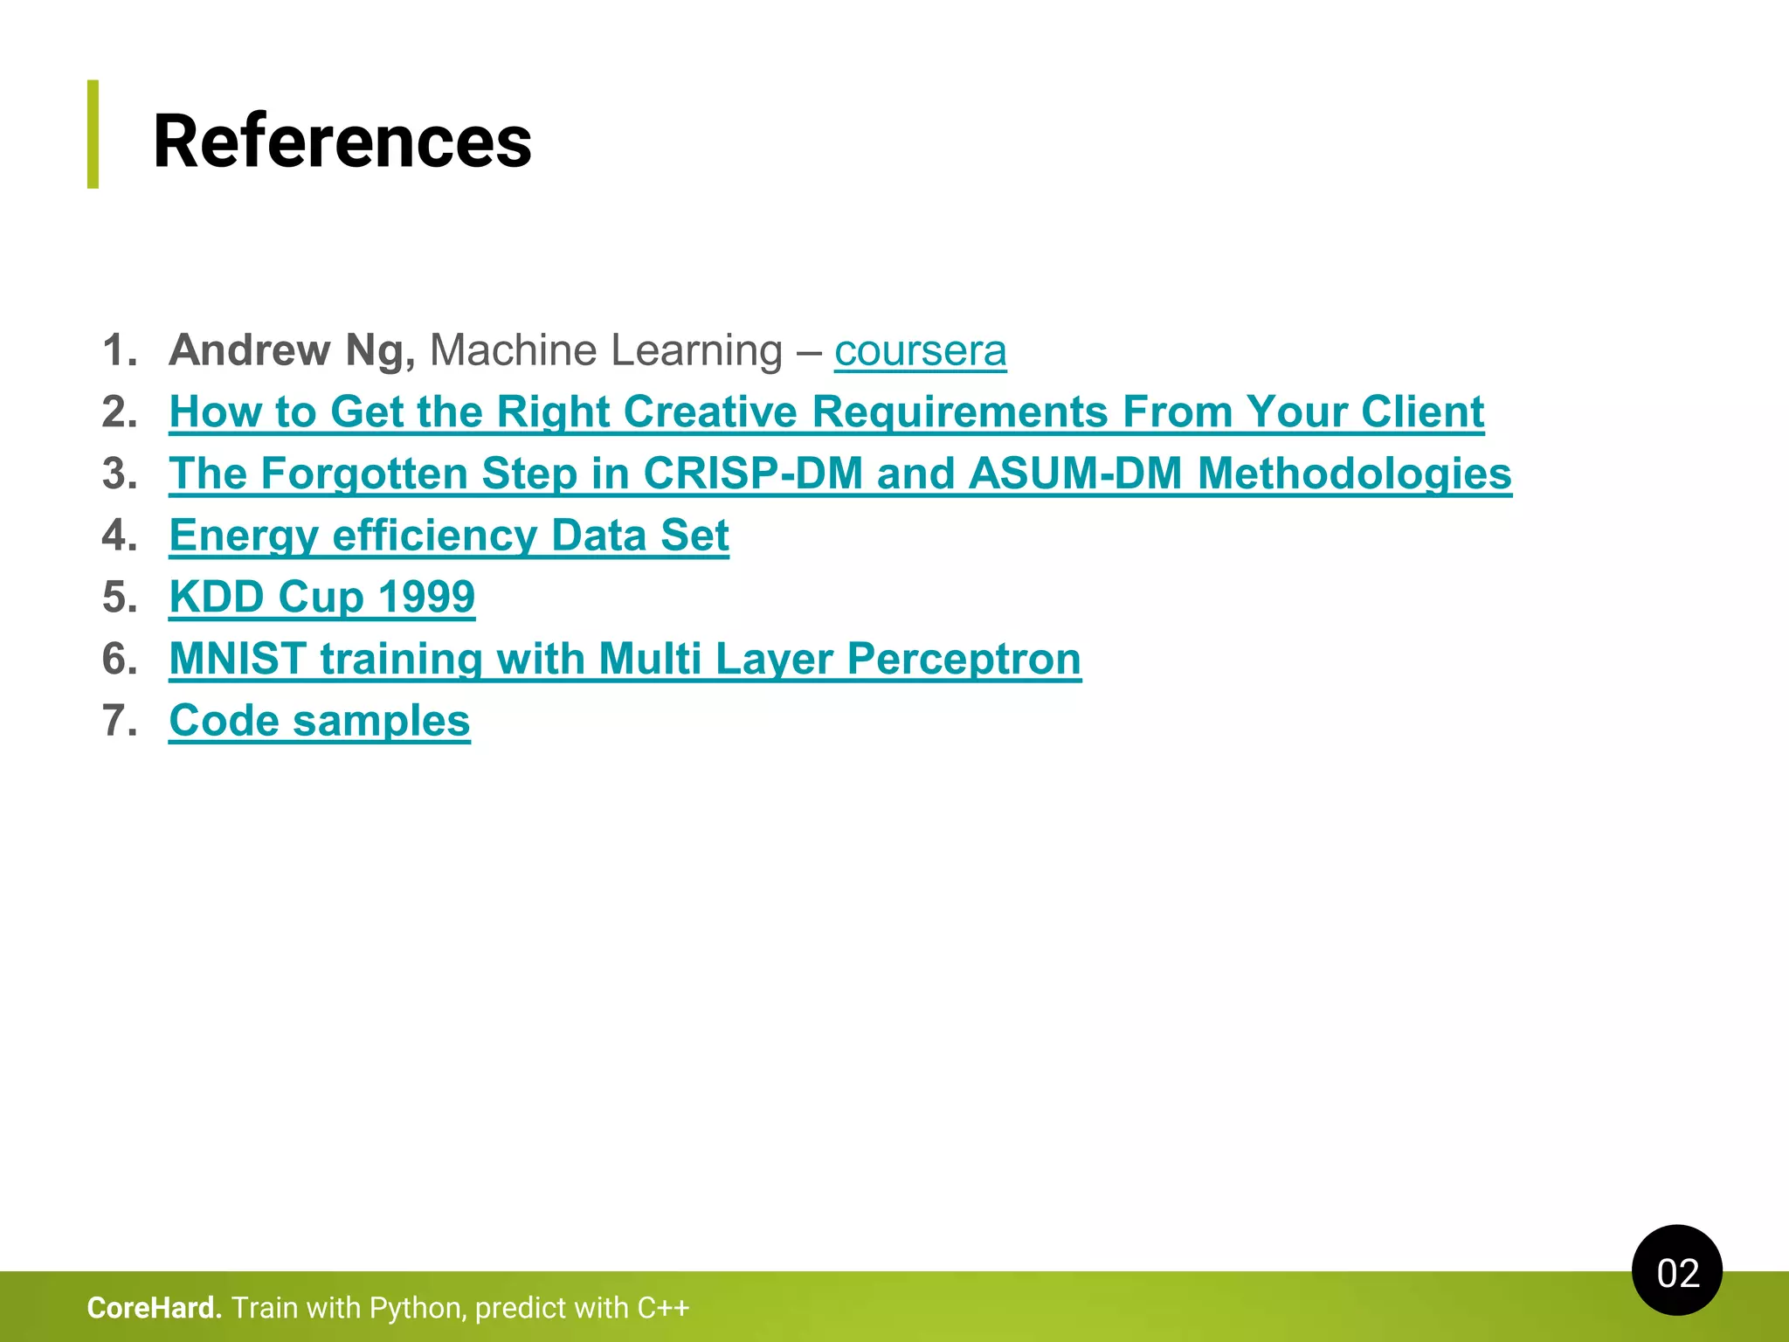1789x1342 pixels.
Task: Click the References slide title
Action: click(342, 142)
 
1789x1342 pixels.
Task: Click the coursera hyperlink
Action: click(920, 351)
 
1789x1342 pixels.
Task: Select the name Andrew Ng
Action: click(292, 351)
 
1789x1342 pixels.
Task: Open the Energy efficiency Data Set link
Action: click(449, 536)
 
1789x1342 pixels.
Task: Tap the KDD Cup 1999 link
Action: click(321, 598)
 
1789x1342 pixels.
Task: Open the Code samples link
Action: click(319, 721)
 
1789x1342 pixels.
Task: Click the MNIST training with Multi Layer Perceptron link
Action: click(625, 659)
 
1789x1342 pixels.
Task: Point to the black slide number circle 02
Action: click(1676, 1271)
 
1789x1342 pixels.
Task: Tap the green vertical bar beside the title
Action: click(93, 134)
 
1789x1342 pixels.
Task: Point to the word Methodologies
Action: click(1354, 474)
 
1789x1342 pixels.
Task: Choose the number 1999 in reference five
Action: click(426, 598)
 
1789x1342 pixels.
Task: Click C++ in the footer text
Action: click(663, 1308)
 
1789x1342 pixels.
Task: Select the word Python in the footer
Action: click(418, 1308)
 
